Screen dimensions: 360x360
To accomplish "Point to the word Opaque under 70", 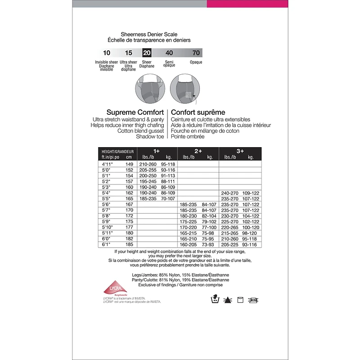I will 196,62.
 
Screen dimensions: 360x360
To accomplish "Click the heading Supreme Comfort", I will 135,112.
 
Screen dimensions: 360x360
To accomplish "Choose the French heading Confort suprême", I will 198,112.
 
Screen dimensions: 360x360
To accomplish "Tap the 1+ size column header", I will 157,151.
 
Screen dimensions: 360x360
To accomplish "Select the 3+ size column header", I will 240,151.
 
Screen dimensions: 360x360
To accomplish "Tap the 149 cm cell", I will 129,164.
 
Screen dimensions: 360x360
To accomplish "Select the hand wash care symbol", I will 216,300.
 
